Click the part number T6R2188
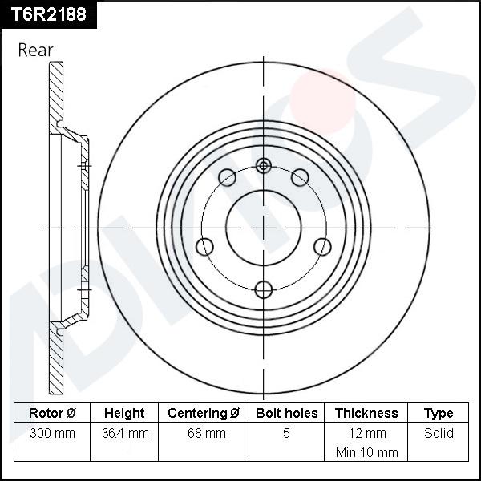pos(48,14)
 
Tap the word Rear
pos(35,50)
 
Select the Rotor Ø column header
pos(52,413)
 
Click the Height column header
pos(124,413)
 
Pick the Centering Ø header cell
pos(204,413)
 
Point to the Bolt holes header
pos(286,413)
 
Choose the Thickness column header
pos(366,413)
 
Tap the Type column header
pos(439,414)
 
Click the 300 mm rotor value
pos(52,433)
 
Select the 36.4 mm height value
pos(126,433)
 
